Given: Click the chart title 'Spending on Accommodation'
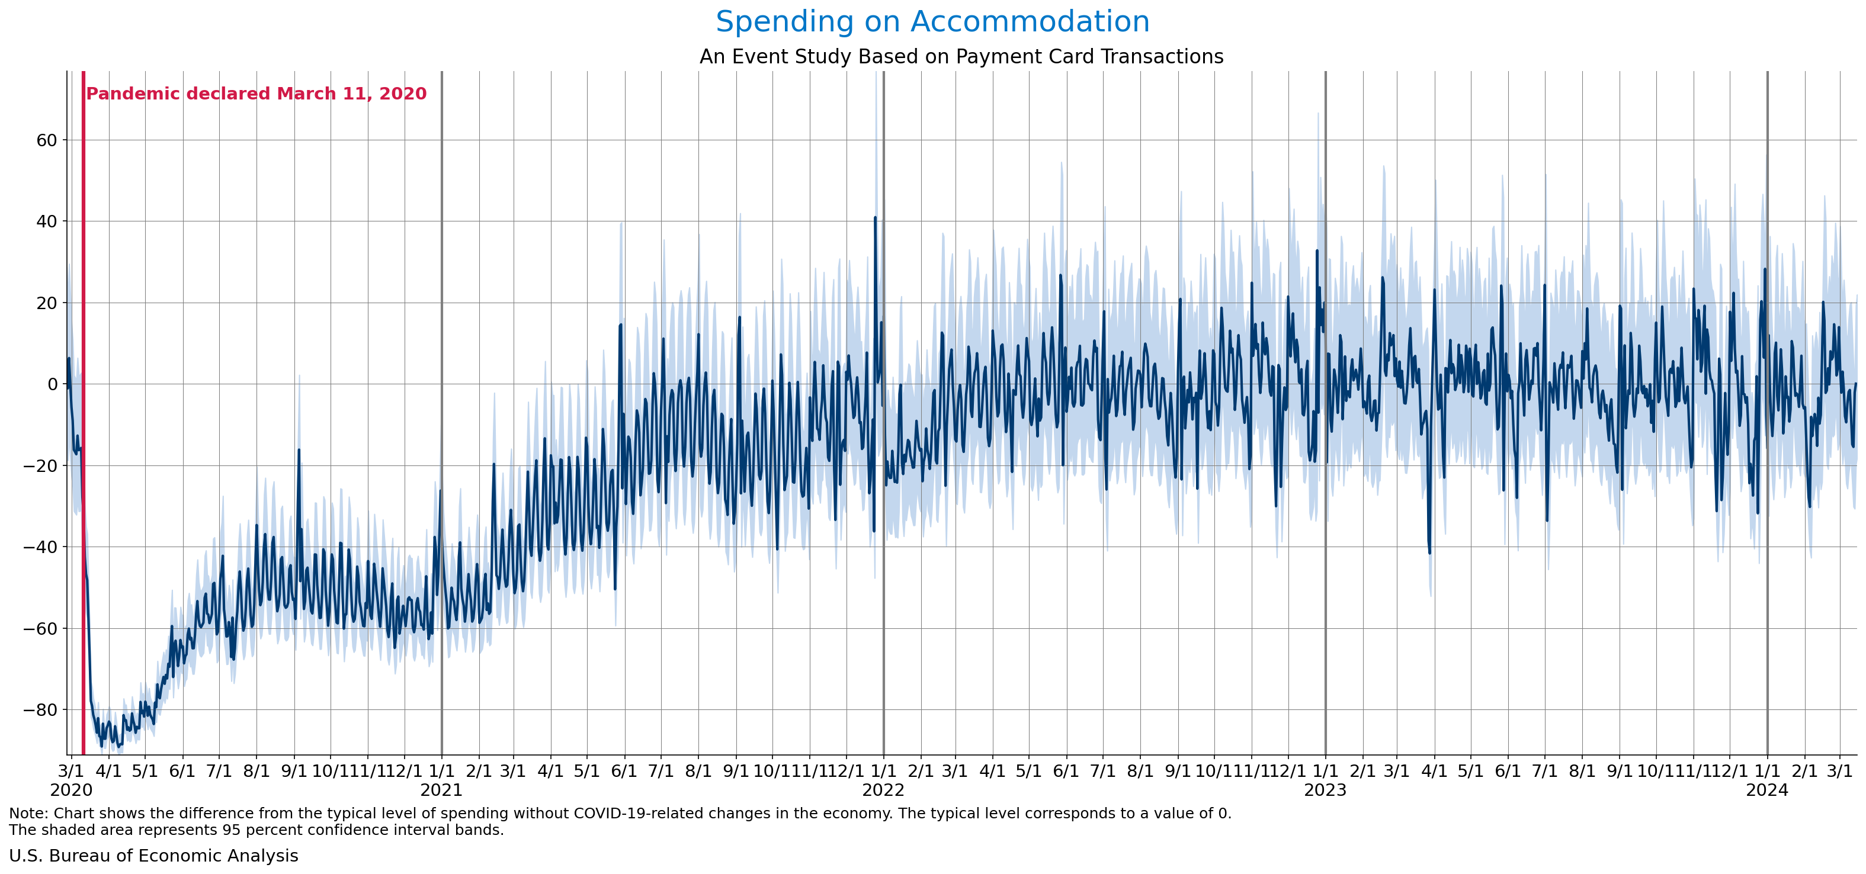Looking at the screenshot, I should [x=932, y=22].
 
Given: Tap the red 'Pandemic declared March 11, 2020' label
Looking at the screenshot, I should [x=257, y=94].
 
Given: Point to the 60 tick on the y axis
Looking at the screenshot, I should [x=47, y=140].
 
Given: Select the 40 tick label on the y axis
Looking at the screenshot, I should [x=47, y=221].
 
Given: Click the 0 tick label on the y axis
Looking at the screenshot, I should [x=52, y=384].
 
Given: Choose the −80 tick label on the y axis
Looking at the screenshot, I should [x=40, y=709].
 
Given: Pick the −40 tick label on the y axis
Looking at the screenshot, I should [x=40, y=547].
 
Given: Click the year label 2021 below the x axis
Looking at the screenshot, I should [x=441, y=790].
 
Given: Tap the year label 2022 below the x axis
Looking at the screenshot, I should [x=883, y=790].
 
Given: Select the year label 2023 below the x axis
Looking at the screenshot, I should [x=1325, y=790].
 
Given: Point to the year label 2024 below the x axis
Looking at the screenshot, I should [x=1766, y=790].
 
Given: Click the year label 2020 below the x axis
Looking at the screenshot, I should [x=71, y=790].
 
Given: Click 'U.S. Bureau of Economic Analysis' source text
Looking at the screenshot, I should [x=153, y=856].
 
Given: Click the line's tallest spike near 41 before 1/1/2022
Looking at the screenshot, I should [x=875, y=217].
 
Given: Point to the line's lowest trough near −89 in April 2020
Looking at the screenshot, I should [x=102, y=744].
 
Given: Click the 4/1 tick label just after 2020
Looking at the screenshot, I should [x=108, y=770].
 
